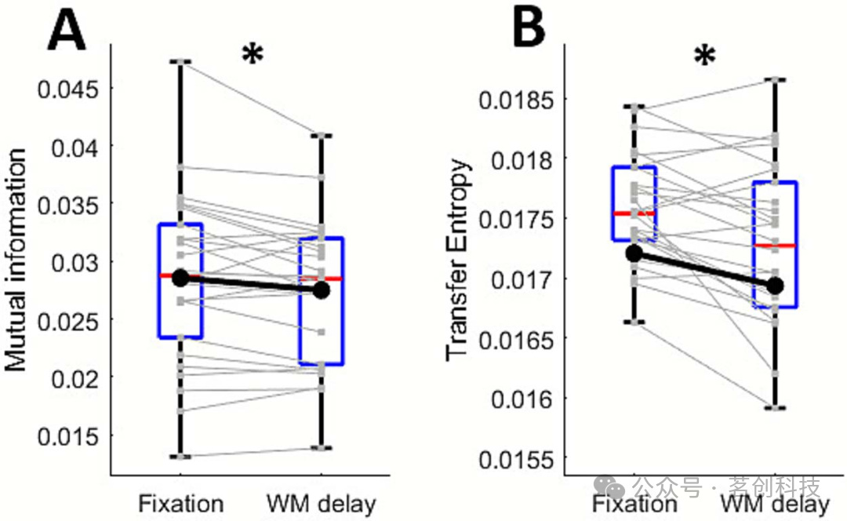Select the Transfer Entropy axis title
tap(460, 260)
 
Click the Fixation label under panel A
tap(181, 503)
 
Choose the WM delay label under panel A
tap(321, 503)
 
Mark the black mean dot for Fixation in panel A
tap(180, 277)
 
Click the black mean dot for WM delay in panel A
tap(321, 290)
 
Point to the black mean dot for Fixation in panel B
tap(634, 253)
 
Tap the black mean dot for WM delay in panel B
tap(775, 285)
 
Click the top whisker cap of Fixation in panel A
tap(181, 61)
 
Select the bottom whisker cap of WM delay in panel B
tap(775, 408)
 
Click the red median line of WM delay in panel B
tap(775, 246)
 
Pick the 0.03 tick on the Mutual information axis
tap(70, 261)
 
